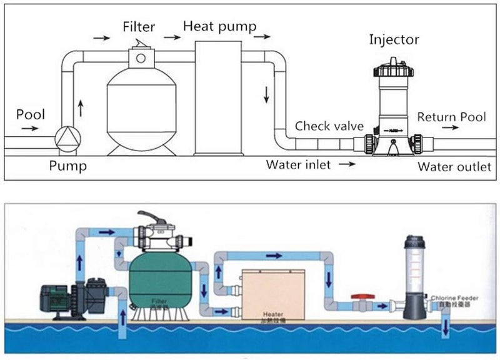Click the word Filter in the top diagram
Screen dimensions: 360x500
coord(138,27)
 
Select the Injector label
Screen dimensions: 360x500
coord(393,41)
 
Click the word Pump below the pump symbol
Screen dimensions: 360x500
coord(68,166)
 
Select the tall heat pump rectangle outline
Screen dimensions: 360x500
coord(217,97)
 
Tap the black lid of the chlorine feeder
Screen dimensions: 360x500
coord(414,241)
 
